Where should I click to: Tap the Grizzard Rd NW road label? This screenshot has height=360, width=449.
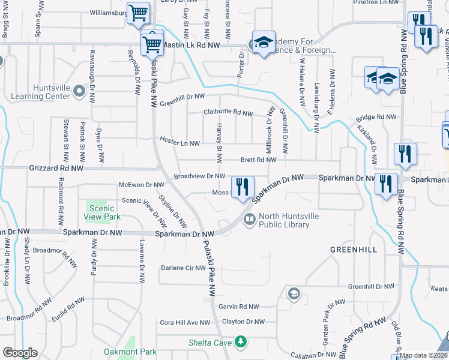[x=56, y=169]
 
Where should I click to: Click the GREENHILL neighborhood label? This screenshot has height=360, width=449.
[x=353, y=248]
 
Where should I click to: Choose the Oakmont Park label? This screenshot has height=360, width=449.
[x=130, y=352]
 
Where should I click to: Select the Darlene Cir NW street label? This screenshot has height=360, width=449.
[x=184, y=268]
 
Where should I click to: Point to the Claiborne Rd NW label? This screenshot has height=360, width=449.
[x=228, y=112]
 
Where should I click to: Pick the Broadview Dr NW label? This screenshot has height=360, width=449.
[x=199, y=176]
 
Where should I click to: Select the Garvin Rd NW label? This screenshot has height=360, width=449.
[x=238, y=307]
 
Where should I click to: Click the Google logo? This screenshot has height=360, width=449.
[x=20, y=353]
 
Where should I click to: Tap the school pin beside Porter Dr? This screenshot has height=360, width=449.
[x=263, y=42]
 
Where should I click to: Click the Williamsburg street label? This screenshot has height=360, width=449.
[x=107, y=12]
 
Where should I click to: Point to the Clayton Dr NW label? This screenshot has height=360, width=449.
[x=243, y=322]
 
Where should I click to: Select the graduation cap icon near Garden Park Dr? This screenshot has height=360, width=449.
[x=294, y=293]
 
